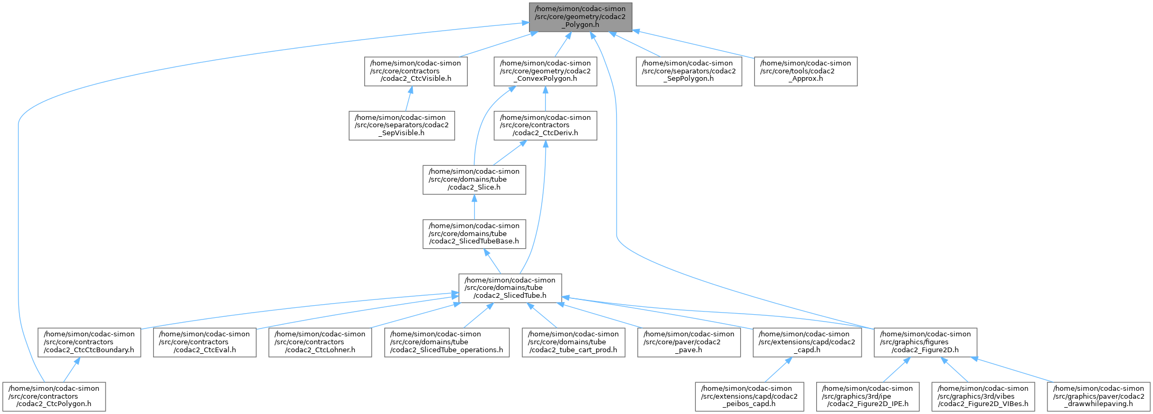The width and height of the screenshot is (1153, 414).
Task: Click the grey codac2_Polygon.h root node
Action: [581, 17]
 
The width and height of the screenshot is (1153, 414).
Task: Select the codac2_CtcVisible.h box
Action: [415, 71]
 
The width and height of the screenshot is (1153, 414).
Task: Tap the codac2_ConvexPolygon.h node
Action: [545, 71]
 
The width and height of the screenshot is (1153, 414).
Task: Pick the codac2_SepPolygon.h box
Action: [688, 71]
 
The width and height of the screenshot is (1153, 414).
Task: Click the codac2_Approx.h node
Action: [805, 71]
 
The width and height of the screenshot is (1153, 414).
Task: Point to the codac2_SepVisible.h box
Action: [401, 126]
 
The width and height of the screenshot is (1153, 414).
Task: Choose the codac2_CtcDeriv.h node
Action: [545, 126]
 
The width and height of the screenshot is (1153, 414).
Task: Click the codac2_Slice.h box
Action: [474, 180]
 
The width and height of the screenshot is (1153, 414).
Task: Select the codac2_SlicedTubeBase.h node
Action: [474, 234]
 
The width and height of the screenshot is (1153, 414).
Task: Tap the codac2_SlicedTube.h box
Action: [510, 288]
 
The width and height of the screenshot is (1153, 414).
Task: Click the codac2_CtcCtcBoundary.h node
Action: [89, 342]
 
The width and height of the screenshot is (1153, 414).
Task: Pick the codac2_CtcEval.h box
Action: [204, 342]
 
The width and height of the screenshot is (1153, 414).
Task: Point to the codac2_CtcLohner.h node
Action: [320, 342]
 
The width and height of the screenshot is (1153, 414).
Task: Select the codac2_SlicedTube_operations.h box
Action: [447, 342]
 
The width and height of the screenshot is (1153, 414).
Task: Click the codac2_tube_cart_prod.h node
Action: [573, 342]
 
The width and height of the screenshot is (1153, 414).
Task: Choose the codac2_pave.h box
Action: [688, 342]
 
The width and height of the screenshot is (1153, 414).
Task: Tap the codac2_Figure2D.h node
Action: [925, 342]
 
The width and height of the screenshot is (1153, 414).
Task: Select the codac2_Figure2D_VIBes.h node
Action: [983, 397]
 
